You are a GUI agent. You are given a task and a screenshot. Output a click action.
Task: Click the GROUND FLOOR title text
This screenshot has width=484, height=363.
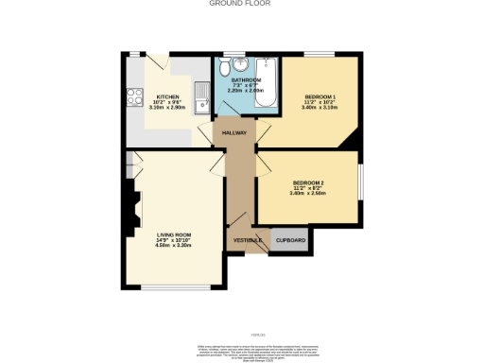click(241, 4)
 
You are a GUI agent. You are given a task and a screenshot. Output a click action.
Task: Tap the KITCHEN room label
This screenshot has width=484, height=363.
click(166, 96)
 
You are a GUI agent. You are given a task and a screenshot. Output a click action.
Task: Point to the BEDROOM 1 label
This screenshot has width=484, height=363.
click(320, 97)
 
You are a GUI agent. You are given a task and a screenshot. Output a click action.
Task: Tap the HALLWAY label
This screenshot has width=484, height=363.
click(233, 133)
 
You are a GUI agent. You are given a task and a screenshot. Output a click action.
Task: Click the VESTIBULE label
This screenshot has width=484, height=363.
click(247, 240)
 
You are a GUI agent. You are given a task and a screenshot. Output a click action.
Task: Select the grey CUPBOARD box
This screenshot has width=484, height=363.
click(290, 241)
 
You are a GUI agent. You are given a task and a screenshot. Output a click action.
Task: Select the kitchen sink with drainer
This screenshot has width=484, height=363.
click(201, 95)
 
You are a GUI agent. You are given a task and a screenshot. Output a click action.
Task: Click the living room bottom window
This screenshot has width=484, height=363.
click(174, 287)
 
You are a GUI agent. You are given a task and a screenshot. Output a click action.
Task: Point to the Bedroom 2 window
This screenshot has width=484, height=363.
click(360, 181)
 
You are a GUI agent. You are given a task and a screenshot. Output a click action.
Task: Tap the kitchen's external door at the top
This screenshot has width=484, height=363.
click(158, 59)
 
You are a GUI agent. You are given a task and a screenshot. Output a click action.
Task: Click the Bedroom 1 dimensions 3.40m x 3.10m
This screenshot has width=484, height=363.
click(320, 109)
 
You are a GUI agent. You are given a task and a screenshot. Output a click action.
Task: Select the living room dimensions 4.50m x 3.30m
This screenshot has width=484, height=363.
click(174, 245)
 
